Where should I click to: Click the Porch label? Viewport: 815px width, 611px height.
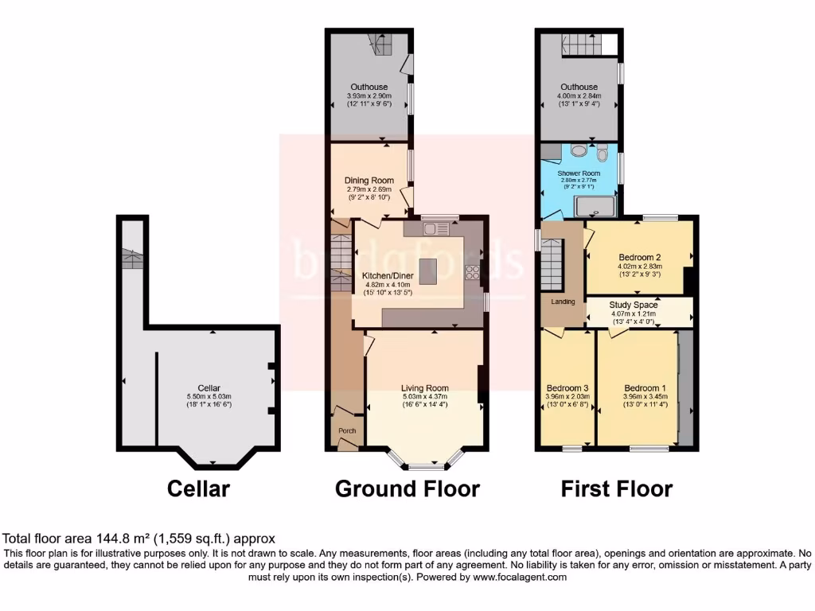348,431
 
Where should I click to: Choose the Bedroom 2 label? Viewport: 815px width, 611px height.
640,258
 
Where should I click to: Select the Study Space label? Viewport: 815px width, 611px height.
634,305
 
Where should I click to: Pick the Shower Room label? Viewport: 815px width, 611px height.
579,173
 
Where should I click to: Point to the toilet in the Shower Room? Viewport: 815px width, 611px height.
602,151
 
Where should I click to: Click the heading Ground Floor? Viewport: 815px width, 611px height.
407,488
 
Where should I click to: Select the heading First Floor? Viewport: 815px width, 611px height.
617,488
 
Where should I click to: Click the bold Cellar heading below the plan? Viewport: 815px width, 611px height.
198,488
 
